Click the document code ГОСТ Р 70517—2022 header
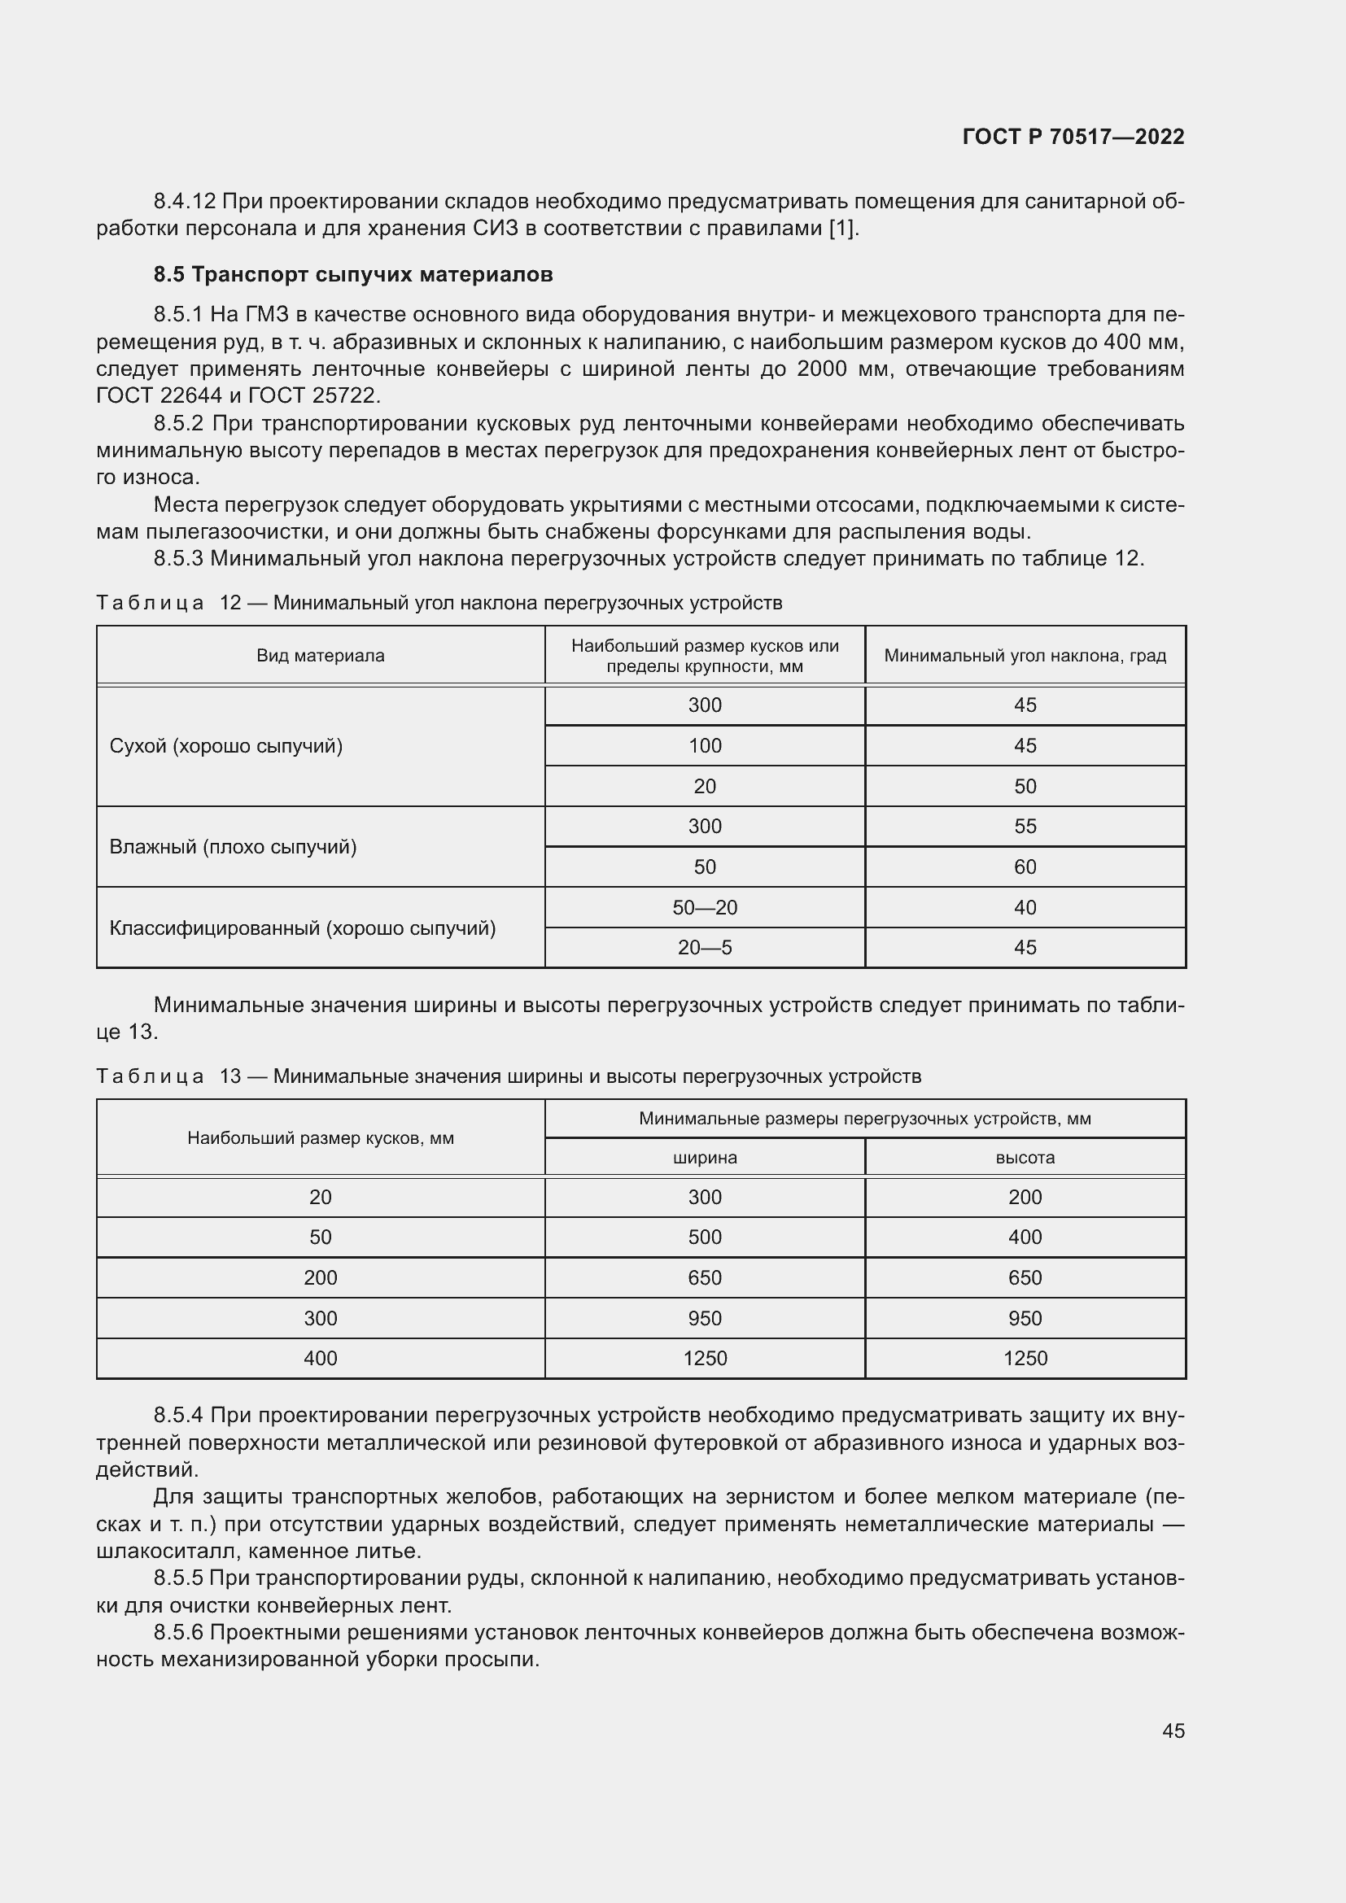(1073, 137)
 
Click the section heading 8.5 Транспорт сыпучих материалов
(353, 274)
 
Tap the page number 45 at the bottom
(1173, 1731)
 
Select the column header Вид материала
(320, 656)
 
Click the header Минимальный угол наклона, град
(1025, 656)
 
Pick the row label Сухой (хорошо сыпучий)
(225, 746)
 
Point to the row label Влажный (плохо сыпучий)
(233, 847)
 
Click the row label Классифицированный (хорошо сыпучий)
(303, 928)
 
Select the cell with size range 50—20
(705, 908)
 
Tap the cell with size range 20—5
(705, 947)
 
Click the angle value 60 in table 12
(1025, 867)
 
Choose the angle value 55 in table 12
(1025, 827)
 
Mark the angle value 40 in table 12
(1025, 908)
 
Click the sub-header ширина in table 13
(705, 1158)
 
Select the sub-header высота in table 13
(1025, 1158)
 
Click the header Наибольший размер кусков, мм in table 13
(320, 1138)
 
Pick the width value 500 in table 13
(705, 1237)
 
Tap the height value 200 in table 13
(1025, 1197)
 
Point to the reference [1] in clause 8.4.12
(843, 229)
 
